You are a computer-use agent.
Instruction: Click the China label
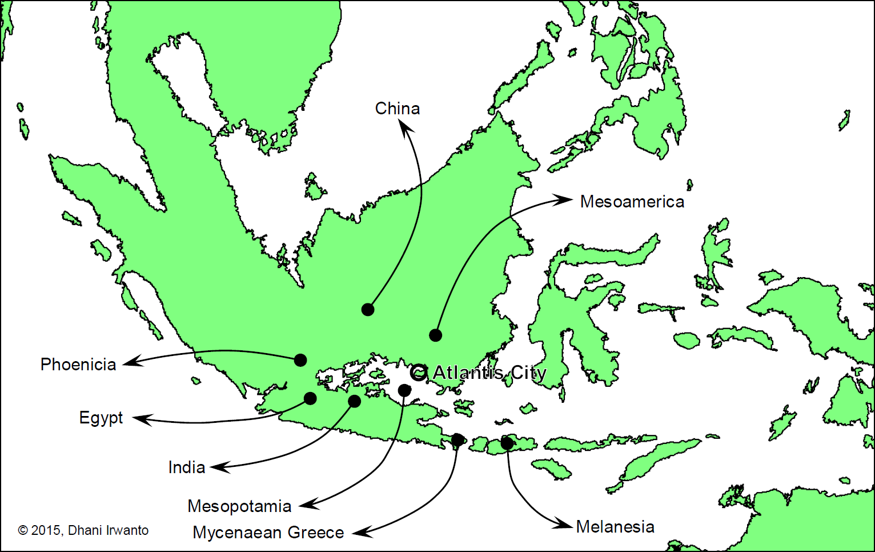(397, 109)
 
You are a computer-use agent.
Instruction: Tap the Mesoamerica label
(632, 202)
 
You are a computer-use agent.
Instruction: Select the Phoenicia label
(78, 365)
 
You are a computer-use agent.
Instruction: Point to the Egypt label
(101, 418)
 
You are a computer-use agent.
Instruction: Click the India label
(186, 467)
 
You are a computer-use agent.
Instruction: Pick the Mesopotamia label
(239, 506)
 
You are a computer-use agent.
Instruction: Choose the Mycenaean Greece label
(268, 533)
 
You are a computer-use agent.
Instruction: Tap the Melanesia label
(615, 527)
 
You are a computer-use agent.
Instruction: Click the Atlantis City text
(489, 373)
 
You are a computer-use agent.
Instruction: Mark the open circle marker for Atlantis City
(419, 373)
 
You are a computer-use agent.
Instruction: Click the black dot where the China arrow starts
(368, 310)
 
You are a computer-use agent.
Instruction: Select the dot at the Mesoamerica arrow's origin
(435, 335)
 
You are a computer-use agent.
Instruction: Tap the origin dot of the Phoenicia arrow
(300, 360)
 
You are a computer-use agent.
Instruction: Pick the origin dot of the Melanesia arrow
(507, 443)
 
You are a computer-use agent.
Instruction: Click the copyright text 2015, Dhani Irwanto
(83, 530)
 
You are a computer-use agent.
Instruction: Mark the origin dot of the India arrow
(354, 401)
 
